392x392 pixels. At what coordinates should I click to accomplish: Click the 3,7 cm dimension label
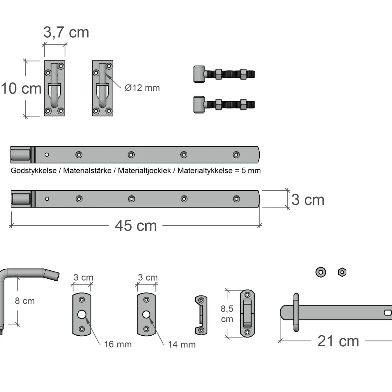coord(66,32)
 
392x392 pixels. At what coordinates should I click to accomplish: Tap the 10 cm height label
coord(21,89)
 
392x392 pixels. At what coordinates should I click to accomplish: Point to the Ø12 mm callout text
coord(142,88)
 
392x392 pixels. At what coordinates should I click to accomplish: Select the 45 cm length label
coord(136,226)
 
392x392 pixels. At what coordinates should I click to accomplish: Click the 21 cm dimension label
coord(338,341)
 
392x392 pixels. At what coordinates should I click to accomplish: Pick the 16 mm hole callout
coord(118,344)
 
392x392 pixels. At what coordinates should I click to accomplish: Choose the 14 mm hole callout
coord(182,344)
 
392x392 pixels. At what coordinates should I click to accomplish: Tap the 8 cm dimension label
coord(25,301)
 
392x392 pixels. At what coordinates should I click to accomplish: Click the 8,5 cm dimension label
coord(227,314)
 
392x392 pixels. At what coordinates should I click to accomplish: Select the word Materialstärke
coord(87,170)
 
